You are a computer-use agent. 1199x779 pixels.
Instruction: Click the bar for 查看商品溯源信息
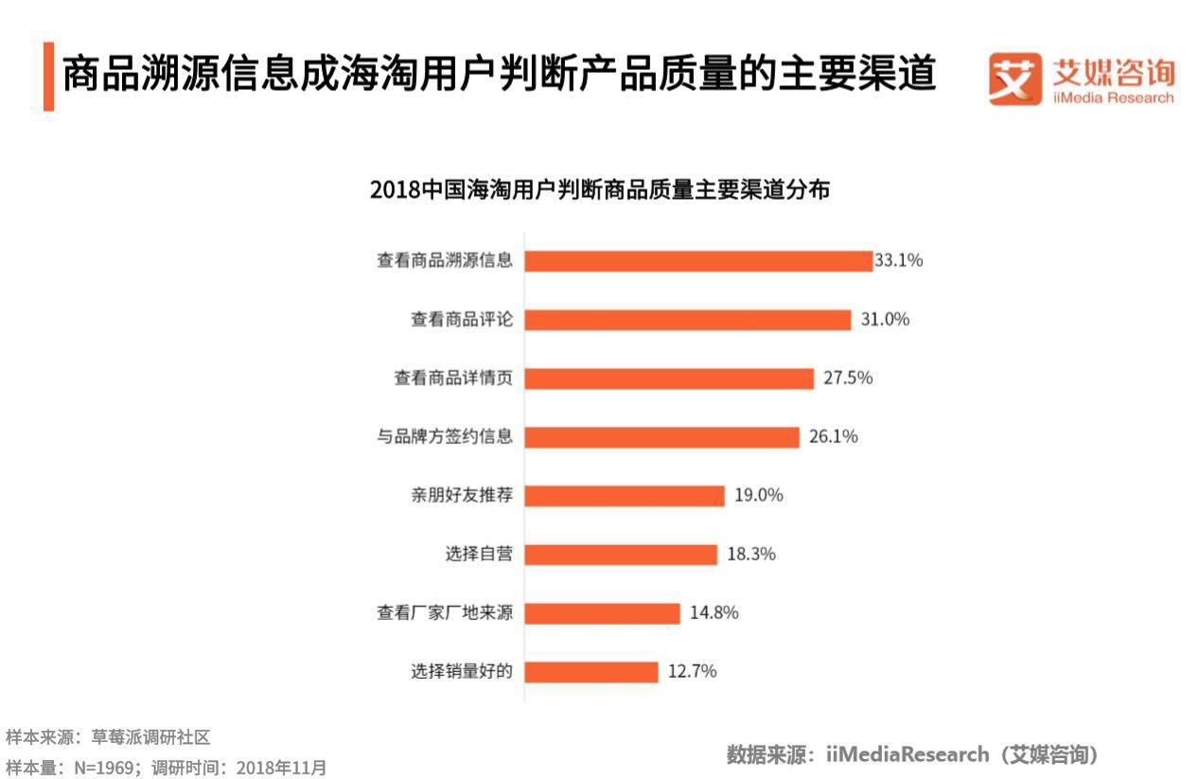[x=698, y=261]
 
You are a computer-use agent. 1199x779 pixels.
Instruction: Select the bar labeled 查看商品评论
[x=688, y=320]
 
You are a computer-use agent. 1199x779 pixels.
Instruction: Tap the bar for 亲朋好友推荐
[x=625, y=495]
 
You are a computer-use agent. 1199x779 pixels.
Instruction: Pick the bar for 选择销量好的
[x=591, y=671]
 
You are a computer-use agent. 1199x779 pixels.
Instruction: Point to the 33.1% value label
[x=898, y=260]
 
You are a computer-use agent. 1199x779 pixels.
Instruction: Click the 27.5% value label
[x=848, y=378]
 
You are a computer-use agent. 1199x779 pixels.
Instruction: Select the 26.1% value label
[x=834, y=436]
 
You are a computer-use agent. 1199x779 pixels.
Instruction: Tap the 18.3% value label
[x=751, y=554]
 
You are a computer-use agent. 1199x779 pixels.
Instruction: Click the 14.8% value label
[x=714, y=612]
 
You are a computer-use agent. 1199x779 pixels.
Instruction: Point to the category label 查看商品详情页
[x=453, y=378]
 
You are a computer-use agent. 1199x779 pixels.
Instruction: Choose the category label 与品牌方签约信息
[x=445, y=436]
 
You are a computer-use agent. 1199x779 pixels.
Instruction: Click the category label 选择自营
[x=479, y=554]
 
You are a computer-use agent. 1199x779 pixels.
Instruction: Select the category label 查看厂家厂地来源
[x=445, y=612]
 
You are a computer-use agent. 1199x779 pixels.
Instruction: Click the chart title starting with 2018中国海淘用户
[x=600, y=189]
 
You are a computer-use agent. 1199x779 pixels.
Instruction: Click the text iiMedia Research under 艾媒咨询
[x=1113, y=98]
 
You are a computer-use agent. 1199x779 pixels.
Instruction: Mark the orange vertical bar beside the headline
[x=48, y=76]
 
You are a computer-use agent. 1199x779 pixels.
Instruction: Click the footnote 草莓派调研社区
[x=150, y=736]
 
